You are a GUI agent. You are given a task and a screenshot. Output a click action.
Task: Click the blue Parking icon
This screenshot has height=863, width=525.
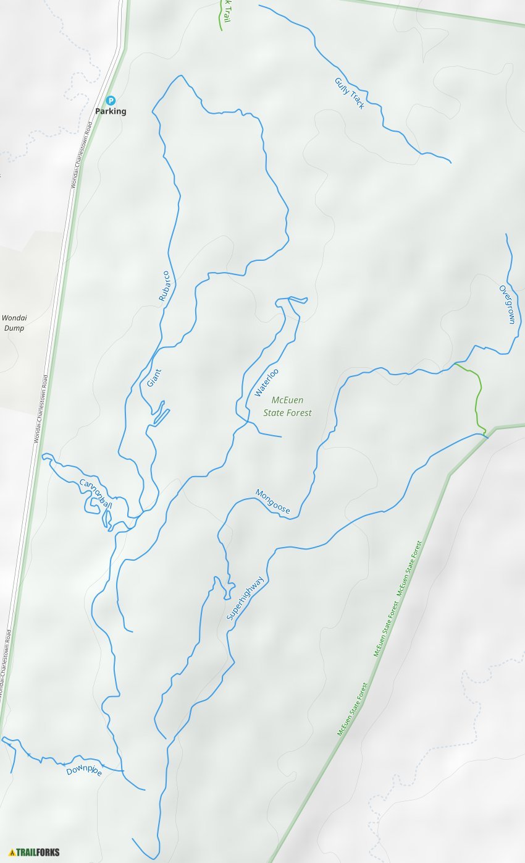[111, 100]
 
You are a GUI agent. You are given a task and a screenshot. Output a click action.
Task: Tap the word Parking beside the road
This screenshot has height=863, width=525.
[111, 111]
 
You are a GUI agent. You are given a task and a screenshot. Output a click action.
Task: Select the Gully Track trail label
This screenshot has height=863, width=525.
[350, 93]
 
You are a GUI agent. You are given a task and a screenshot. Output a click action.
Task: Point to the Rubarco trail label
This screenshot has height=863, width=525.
[164, 286]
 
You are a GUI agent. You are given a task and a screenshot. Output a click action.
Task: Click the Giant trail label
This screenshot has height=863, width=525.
[154, 377]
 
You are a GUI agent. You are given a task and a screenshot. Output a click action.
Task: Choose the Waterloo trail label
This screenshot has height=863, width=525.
[267, 382]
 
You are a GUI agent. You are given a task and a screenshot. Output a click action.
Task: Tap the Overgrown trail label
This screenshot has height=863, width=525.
[507, 304]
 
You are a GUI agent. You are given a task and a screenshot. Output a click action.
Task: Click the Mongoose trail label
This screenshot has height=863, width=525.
[273, 501]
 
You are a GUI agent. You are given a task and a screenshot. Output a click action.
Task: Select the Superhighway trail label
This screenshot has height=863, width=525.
[245, 598]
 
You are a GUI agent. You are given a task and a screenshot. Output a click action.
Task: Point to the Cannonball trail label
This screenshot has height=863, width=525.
[96, 493]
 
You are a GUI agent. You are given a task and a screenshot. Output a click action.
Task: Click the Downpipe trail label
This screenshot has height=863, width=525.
[84, 770]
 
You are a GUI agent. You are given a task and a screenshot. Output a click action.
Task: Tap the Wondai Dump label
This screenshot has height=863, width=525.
[14, 323]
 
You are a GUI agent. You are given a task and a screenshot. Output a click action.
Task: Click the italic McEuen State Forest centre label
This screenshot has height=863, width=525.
[288, 406]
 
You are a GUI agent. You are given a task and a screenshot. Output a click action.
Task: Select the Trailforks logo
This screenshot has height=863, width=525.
[35, 852]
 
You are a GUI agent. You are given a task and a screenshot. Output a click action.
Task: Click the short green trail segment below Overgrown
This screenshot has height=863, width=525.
[477, 396]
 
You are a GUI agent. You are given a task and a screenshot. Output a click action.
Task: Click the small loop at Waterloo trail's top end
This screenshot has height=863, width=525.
[292, 300]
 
